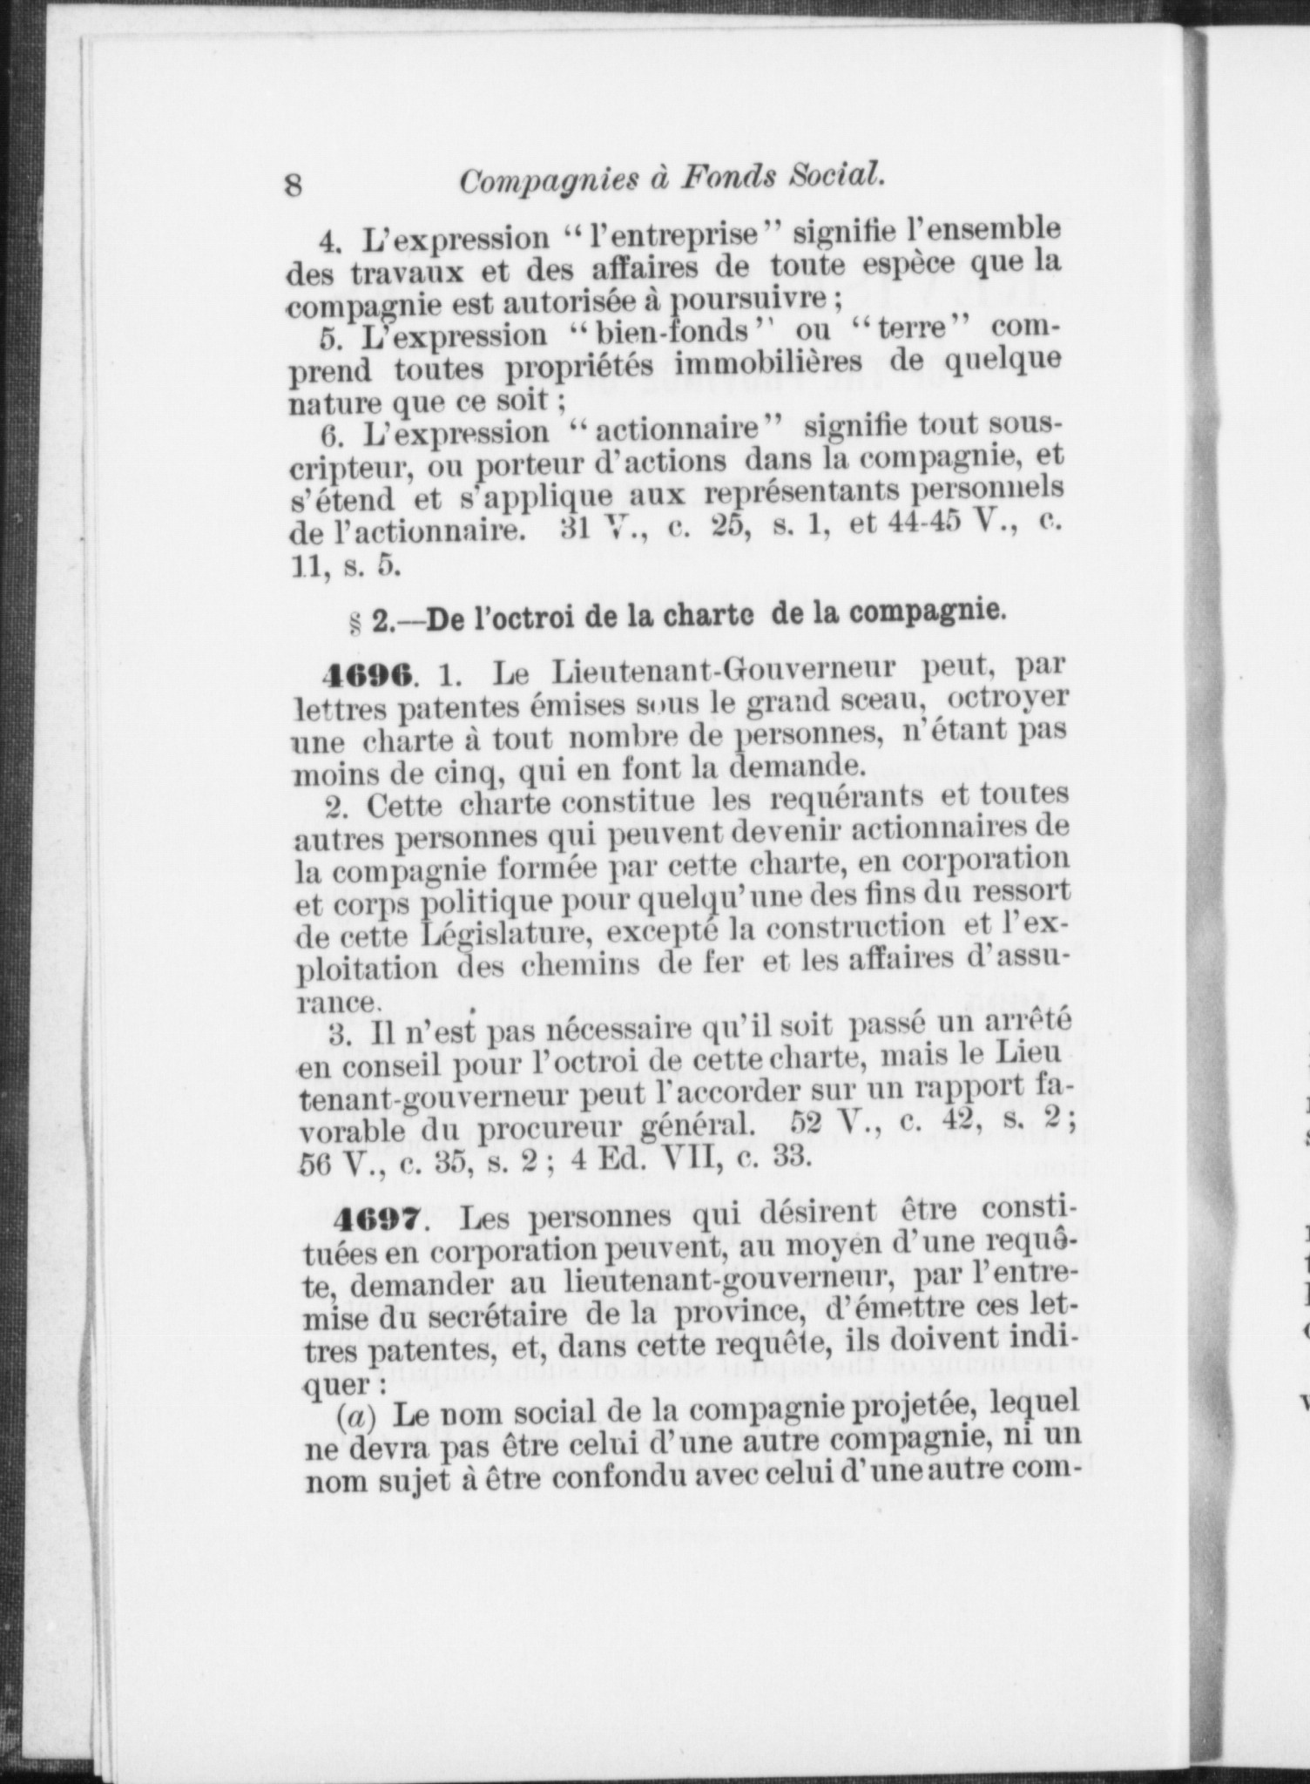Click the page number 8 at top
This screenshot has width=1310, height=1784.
293,185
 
